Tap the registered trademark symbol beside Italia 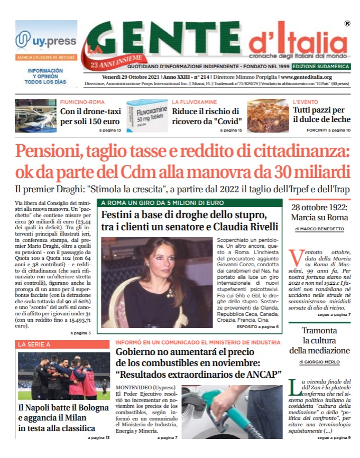click(347, 23)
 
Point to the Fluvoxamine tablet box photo click(146, 116)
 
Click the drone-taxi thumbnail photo click(35, 116)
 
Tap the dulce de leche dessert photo click(267, 116)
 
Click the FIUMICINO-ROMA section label click(82, 101)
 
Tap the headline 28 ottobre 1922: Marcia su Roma click(319, 212)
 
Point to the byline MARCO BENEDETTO click(323, 229)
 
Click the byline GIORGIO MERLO click(323, 362)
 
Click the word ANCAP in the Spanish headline click(263, 375)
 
